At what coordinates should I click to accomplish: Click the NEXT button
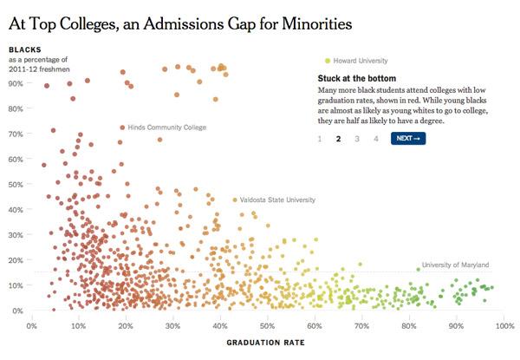[408, 139]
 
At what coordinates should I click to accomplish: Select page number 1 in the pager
[320, 139]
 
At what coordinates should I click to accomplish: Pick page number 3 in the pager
[357, 139]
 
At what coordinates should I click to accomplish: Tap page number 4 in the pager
[375, 139]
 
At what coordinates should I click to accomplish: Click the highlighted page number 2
[339, 139]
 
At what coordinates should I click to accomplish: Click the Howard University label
[361, 61]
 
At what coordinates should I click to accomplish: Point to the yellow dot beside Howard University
[328, 61]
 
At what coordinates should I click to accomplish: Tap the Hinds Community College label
[167, 128]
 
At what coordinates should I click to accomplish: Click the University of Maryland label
[456, 265]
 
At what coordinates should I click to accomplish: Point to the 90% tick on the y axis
[15, 83]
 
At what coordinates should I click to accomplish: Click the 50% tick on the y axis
[15, 185]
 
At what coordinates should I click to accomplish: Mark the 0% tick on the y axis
[17, 311]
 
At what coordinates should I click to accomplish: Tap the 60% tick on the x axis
[315, 327]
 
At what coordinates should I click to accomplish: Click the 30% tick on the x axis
[173, 327]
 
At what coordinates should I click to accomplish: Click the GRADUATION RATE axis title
[265, 343]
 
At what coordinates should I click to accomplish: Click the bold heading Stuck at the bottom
[357, 78]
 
